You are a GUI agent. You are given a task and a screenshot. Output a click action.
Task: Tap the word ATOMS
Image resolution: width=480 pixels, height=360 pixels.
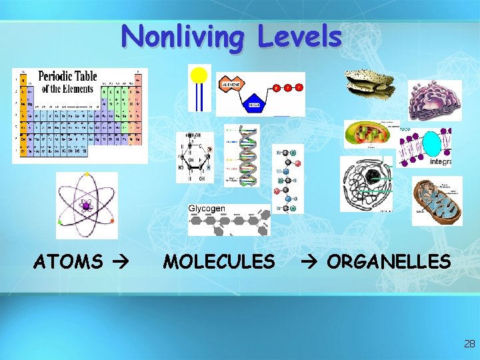(68, 262)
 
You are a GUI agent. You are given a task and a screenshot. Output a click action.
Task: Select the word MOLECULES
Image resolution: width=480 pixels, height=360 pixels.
(219, 262)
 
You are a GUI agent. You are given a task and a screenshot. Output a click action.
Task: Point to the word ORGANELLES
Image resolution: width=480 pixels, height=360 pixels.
(389, 262)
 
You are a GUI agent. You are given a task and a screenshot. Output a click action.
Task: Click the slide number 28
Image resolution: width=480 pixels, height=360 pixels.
(469, 344)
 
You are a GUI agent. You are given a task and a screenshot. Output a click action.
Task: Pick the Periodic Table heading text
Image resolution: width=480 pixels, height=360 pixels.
(67, 82)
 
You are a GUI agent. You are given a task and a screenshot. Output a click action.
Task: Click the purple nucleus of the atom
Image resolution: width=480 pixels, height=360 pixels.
(86, 206)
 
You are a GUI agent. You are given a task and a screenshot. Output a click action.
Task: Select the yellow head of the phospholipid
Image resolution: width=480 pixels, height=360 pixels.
(199, 74)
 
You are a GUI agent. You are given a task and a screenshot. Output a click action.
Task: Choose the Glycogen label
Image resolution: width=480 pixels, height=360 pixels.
(207, 209)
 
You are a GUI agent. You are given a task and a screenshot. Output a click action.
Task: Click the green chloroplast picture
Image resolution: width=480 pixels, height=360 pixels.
(369, 134)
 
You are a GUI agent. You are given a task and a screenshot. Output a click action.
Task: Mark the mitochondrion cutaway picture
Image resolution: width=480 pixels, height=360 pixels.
(436, 201)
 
